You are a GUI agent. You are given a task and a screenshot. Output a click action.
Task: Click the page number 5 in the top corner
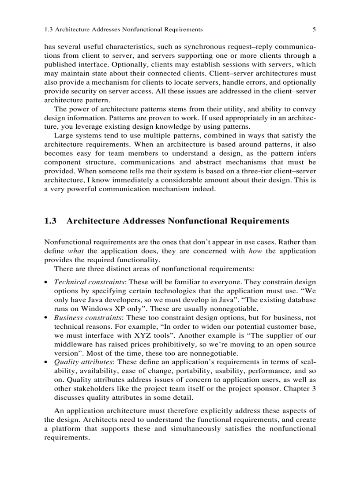point(314,30)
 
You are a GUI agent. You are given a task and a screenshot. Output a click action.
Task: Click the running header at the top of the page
point(124,30)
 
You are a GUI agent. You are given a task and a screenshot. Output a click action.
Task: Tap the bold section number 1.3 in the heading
point(51,221)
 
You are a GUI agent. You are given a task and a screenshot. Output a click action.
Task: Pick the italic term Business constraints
point(88,317)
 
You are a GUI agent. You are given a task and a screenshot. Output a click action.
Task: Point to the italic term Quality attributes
point(83,362)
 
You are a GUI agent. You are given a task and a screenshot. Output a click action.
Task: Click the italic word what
point(76,251)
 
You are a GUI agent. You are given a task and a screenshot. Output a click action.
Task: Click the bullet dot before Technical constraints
point(46,282)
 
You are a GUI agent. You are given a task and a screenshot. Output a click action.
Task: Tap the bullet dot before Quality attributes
point(46,362)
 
